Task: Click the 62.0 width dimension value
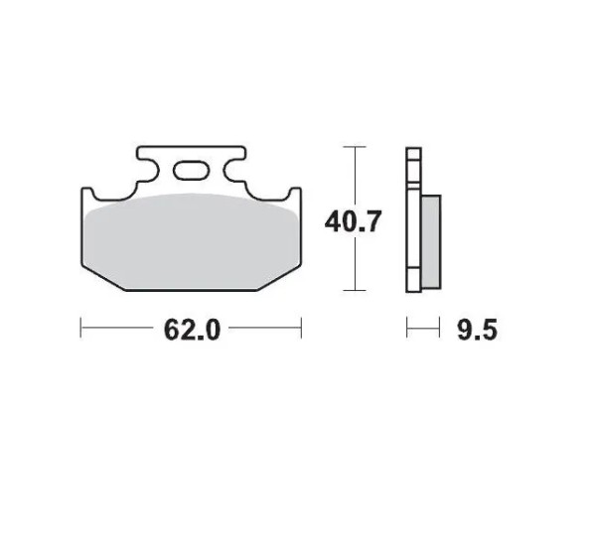click(192, 329)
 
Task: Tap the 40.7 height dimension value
click(353, 221)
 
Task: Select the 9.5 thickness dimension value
click(477, 330)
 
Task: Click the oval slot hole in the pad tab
click(191, 170)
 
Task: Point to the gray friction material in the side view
click(431, 241)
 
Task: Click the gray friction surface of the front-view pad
click(191, 241)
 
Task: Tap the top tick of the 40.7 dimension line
click(355, 147)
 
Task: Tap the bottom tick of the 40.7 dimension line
click(355, 290)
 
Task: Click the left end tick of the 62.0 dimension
click(81, 328)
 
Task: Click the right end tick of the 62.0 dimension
click(301, 328)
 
